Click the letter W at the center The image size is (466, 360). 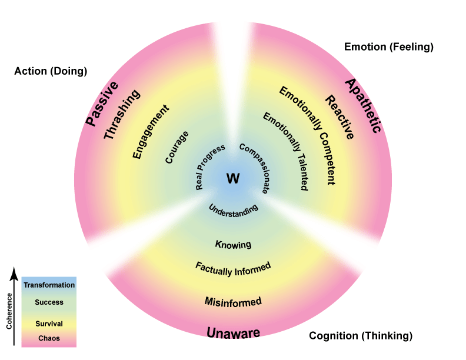pos(233,179)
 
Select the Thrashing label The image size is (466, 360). pos(122,115)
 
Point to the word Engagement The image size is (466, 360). pos(151,132)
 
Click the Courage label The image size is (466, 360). pos(177,146)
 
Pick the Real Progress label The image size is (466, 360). pos(210,166)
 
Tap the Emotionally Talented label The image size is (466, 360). pos(285,151)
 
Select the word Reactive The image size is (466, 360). pos(340,118)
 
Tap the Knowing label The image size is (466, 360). pos(233,244)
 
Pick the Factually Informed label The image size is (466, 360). pos(233,267)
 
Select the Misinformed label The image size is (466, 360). pos(233,302)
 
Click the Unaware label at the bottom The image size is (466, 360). pos(233,334)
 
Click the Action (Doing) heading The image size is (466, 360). pos(51,71)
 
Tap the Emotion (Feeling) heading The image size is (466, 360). pos(388,46)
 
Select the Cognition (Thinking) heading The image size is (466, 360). pos(361,336)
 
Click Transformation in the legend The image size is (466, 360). pos(49,285)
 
